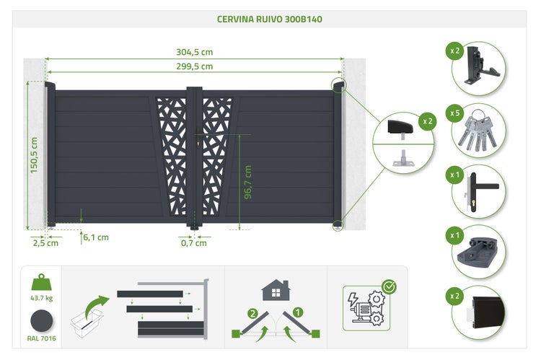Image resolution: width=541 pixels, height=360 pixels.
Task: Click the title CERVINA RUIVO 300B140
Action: point(270,19)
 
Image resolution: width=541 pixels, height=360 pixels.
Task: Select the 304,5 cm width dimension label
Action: point(195,52)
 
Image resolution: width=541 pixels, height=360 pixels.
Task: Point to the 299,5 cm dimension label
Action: point(195,66)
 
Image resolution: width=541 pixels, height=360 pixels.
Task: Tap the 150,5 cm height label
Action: point(34,155)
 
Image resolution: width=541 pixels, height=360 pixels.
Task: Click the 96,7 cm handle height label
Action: point(248,183)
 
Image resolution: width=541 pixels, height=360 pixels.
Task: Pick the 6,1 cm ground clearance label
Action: point(96,237)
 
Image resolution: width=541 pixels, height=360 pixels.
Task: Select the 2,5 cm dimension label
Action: point(45,243)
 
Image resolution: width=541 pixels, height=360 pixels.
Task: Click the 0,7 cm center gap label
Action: point(194,243)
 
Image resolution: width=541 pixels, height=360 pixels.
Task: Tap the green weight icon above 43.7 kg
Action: point(41,282)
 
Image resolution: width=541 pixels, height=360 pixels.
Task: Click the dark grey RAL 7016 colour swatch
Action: point(41,320)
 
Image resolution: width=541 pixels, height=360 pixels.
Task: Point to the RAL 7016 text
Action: point(41,338)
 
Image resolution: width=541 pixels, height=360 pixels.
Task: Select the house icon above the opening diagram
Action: point(276,290)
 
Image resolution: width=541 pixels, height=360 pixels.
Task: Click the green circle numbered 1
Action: point(297,312)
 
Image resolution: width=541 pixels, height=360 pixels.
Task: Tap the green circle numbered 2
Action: point(253,313)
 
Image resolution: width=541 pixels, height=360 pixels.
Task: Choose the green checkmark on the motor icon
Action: point(390,287)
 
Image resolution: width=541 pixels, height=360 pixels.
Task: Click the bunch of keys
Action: point(478,132)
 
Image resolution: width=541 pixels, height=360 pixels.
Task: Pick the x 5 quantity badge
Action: point(454,113)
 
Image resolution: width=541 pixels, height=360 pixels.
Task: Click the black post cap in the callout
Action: point(400,127)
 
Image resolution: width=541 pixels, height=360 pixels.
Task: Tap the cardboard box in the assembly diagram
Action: point(87,323)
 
